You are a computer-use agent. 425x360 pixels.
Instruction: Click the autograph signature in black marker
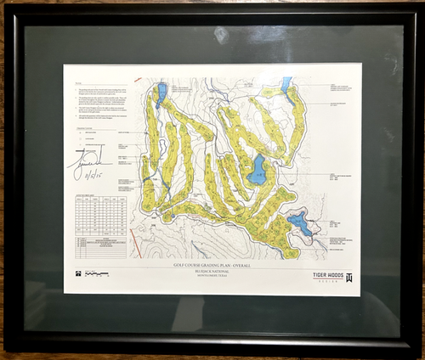click(x=91, y=158)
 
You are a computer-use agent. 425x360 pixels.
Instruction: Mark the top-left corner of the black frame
click(x=8, y=8)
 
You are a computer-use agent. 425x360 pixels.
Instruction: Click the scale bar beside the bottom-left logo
click(x=98, y=274)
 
